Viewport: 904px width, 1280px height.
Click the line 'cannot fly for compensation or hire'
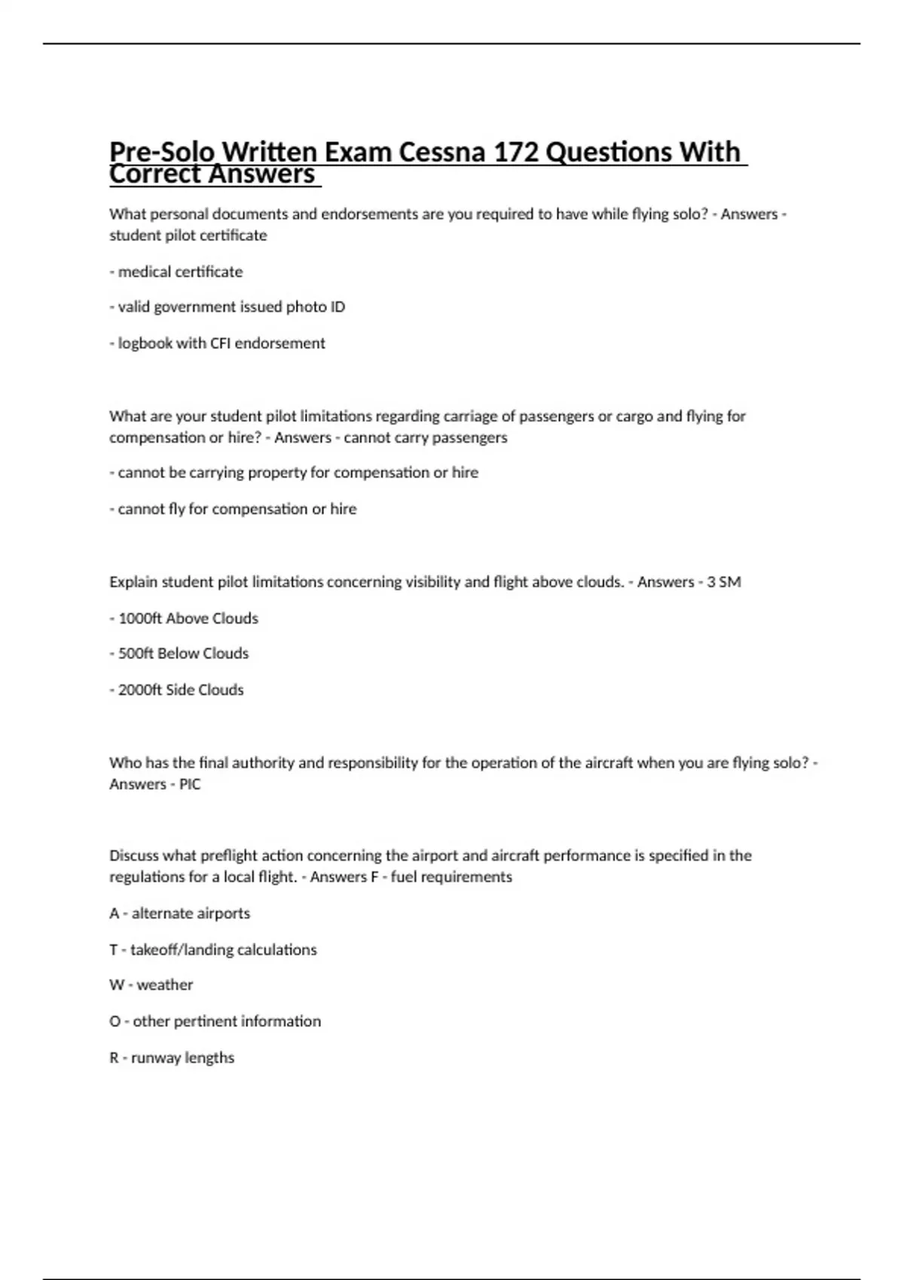pyautogui.click(x=234, y=509)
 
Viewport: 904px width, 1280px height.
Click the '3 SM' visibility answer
pyautogui.click(x=724, y=582)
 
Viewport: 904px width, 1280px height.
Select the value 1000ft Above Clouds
pyautogui.click(x=136, y=619)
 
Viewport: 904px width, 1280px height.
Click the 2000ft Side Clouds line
pyautogui.click(x=178, y=690)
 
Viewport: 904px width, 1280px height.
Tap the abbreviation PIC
pyautogui.click(x=190, y=785)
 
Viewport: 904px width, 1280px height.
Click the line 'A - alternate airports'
pyautogui.click(x=179, y=913)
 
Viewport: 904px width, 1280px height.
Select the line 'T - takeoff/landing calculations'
pyautogui.click(x=212, y=950)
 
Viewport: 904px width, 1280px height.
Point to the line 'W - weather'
pyautogui.click(x=151, y=985)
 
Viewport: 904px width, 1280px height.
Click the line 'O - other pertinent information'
pyautogui.click(x=215, y=1022)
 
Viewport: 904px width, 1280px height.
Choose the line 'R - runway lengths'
pyautogui.click(x=172, y=1058)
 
